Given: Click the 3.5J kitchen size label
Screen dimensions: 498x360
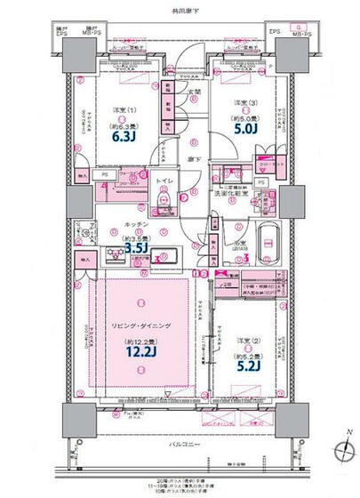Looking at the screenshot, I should (138, 249).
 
